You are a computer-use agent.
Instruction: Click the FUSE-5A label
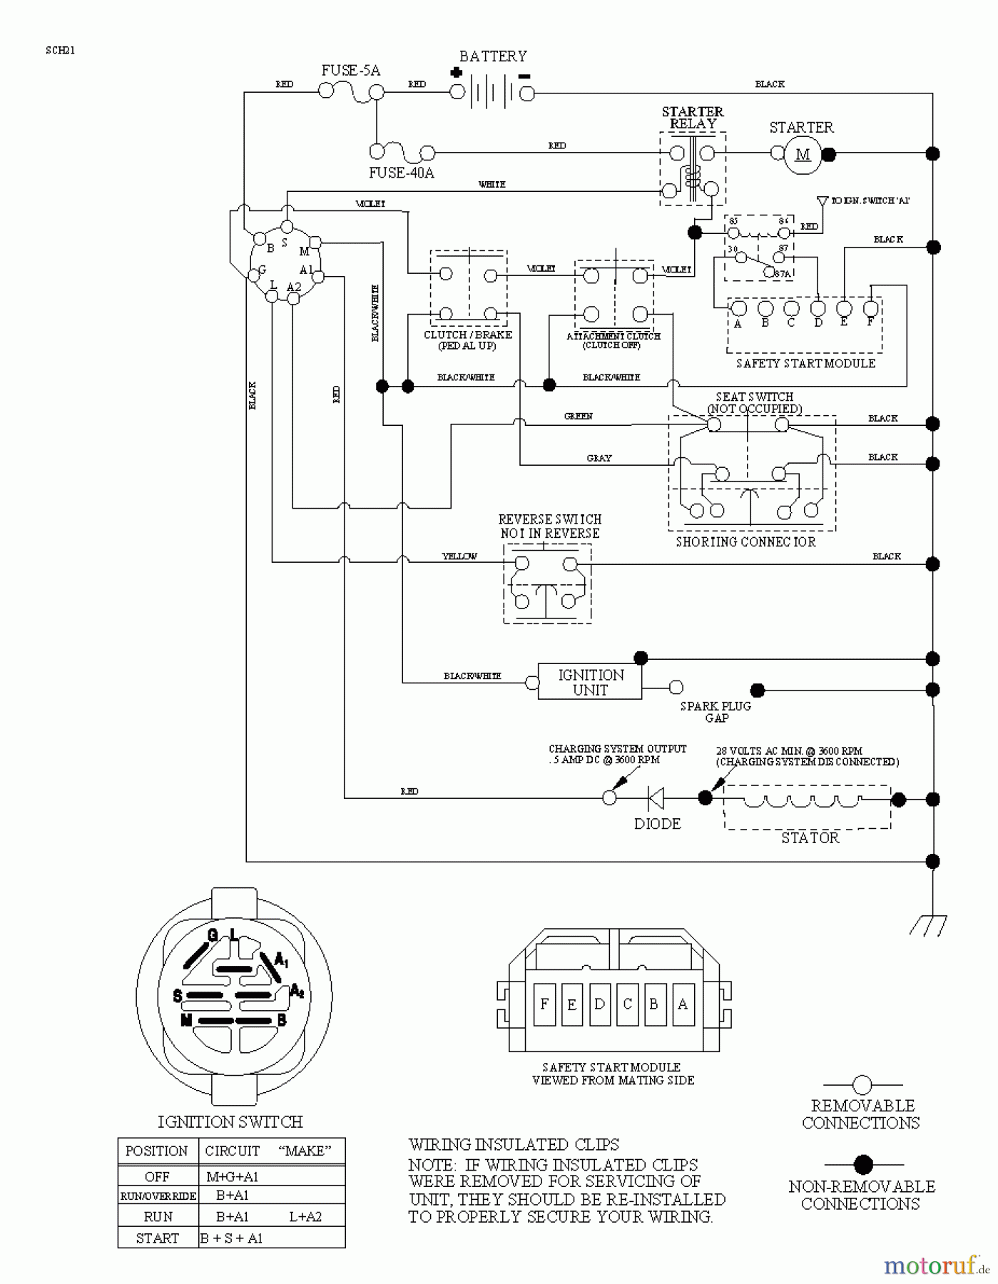coord(350,70)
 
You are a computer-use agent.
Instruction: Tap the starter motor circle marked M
coord(803,154)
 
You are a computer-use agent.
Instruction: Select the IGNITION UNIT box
coord(590,683)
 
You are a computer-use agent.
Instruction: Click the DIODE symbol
coord(655,798)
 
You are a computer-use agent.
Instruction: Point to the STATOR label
coord(810,837)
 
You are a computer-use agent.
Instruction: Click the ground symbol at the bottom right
coord(930,924)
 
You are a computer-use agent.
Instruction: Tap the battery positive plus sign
coord(457,73)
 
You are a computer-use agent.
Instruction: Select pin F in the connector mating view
coord(544,1004)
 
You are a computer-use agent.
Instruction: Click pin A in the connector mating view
coord(682,1004)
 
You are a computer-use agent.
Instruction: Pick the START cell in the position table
coord(157,1238)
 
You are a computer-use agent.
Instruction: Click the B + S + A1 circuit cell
coord(232,1238)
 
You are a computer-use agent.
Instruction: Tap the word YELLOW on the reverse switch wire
coord(459,556)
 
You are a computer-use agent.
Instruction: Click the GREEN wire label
coord(578,416)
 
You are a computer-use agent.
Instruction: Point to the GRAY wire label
coord(599,458)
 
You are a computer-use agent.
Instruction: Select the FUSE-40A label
coord(401,173)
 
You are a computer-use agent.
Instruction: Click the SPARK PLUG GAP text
coord(716,711)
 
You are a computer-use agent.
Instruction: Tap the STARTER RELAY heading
coord(693,118)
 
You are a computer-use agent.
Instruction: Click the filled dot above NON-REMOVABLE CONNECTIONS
coord(863,1165)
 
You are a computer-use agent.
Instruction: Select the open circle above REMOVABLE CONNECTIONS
coord(862,1086)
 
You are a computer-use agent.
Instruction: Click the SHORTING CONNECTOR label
coord(745,541)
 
